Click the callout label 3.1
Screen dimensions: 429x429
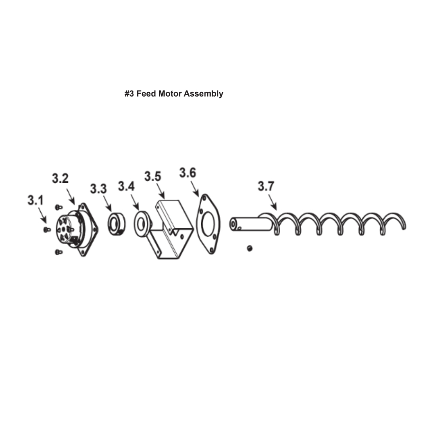[36, 200]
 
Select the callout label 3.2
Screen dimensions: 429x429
[60, 178]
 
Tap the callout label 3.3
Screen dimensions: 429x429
[99, 189]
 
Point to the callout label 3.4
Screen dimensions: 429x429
[127, 186]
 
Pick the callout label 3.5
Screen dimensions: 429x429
[153, 176]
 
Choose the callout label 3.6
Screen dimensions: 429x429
[188, 173]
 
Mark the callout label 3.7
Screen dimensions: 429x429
[266, 186]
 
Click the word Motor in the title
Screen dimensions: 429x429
[170, 94]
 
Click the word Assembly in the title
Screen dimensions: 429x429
[203, 94]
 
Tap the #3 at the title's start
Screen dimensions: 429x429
[130, 94]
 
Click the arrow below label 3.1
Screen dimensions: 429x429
[42, 215]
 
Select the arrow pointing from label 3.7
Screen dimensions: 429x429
[272, 202]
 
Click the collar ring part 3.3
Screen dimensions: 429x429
[117, 224]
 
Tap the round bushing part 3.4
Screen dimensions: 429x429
[142, 224]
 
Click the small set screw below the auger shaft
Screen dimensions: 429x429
[250, 248]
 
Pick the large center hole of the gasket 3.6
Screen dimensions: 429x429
[208, 224]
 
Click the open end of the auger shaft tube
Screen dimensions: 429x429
[233, 224]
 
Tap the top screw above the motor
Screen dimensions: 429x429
[58, 207]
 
